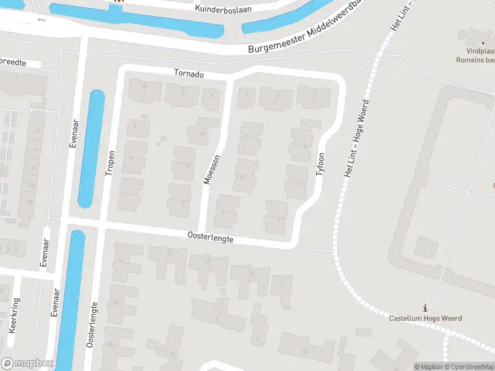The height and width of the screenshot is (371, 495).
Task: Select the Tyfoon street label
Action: pos(320,164)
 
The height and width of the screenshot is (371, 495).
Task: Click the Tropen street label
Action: pos(110,163)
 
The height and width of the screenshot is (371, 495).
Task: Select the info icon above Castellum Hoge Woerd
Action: pos(424,307)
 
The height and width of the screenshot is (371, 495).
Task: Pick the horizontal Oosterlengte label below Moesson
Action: pos(210,236)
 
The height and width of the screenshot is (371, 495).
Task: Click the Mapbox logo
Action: pos(27,364)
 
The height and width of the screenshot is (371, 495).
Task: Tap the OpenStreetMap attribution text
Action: pos(470,367)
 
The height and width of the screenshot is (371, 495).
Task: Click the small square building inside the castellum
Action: pos(426,248)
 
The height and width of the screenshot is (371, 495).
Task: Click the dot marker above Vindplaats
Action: pos(483,43)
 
